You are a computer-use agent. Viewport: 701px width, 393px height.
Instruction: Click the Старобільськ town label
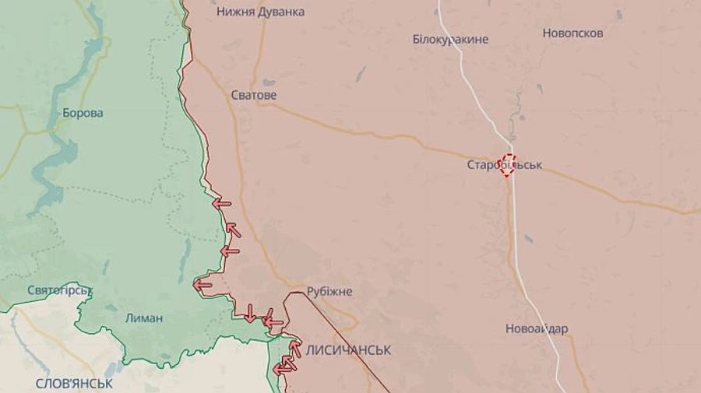coord(504,165)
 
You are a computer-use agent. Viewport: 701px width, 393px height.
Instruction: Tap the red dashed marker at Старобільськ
coord(508,164)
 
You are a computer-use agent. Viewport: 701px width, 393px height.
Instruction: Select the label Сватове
coord(254,95)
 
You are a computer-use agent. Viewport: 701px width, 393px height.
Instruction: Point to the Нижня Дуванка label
coord(260,12)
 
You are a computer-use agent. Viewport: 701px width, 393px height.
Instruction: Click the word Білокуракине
coord(450,39)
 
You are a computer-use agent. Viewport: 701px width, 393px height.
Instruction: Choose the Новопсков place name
coord(572,33)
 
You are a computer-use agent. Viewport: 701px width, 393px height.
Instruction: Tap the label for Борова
coord(83,113)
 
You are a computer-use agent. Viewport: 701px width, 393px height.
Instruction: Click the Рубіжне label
coord(329,291)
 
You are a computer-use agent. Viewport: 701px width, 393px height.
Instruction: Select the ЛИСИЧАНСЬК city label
coord(348,350)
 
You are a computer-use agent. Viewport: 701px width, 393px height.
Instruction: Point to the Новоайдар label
coord(537,328)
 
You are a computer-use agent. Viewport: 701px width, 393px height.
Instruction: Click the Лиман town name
coord(144,318)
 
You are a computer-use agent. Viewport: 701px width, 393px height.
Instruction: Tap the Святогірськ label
coord(60,290)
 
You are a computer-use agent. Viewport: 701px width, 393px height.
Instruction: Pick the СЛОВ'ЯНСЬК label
coord(74,384)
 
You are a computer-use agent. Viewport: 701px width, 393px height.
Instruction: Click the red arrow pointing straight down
coord(249,313)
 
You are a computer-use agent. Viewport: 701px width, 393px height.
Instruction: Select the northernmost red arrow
coord(222,204)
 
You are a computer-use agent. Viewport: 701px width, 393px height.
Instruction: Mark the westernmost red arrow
coord(203,285)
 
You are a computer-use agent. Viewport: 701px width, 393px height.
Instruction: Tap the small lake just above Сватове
coord(268,82)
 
